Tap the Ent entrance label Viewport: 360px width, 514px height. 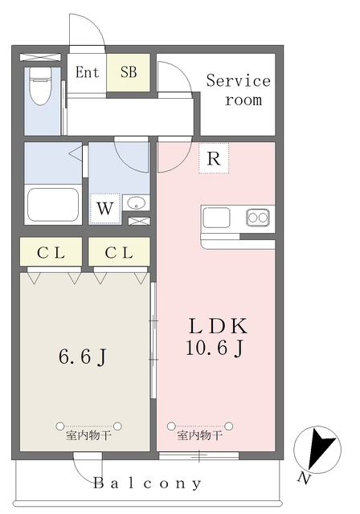pyautogui.click(x=87, y=72)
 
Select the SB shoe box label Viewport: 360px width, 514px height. pyautogui.click(x=129, y=72)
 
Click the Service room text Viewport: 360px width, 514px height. pyautogui.click(x=239, y=90)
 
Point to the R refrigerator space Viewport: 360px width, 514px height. pyautogui.click(x=213, y=158)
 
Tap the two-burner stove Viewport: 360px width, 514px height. pyautogui.click(x=257, y=217)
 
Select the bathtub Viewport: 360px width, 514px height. pyautogui.click(x=52, y=204)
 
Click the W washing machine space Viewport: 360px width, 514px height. pyautogui.click(x=104, y=208)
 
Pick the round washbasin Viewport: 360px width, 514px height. pyautogui.click(x=135, y=202)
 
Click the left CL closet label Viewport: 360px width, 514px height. pyautogui.click(x=51, y=253)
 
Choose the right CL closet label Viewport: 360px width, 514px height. pyautogui.click(x=119, y=253)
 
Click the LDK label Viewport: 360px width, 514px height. pyautogui.click(x=218, y=325)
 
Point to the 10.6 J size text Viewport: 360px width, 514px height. pyautogui.click(x=215, y=348)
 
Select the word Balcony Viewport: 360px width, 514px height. pyautogui.click(x=147, y=483)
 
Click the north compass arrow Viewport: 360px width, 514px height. pyautogui.click(x=324, y=447)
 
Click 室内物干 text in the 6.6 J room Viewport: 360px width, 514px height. pyautogui.click(x=88, y=437)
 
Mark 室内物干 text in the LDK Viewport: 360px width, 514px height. pyautogui.click(x=199, y=437)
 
